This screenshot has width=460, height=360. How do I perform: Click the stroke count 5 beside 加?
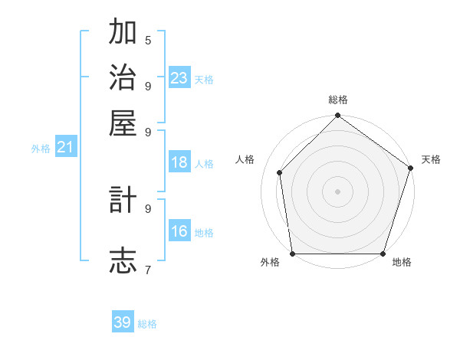148,41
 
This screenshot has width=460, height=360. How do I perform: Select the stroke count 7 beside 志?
148,270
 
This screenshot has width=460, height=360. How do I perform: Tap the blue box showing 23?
179,77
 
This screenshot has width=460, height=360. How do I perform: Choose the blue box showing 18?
179,162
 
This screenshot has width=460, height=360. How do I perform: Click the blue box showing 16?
179,231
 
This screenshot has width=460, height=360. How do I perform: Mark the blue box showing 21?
65,147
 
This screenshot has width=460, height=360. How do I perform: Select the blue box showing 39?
123,322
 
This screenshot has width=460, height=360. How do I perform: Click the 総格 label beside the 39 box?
147,324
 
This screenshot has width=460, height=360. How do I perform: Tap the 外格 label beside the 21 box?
41,149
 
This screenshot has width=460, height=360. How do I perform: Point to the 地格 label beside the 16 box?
204,233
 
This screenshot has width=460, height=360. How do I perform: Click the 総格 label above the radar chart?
337,100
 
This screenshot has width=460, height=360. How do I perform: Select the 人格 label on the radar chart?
245,159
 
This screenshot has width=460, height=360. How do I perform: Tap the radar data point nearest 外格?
293,254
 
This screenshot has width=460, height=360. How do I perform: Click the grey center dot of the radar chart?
337,191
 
